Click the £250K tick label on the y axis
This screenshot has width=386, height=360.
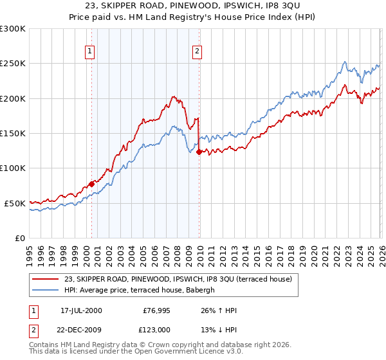coord(13,64)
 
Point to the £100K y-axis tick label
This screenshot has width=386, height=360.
coord(13,168)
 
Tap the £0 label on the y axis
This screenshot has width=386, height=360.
coord(20,238)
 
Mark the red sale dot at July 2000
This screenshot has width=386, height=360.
coord(92,184)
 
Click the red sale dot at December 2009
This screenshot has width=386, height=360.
coord(199,152)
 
